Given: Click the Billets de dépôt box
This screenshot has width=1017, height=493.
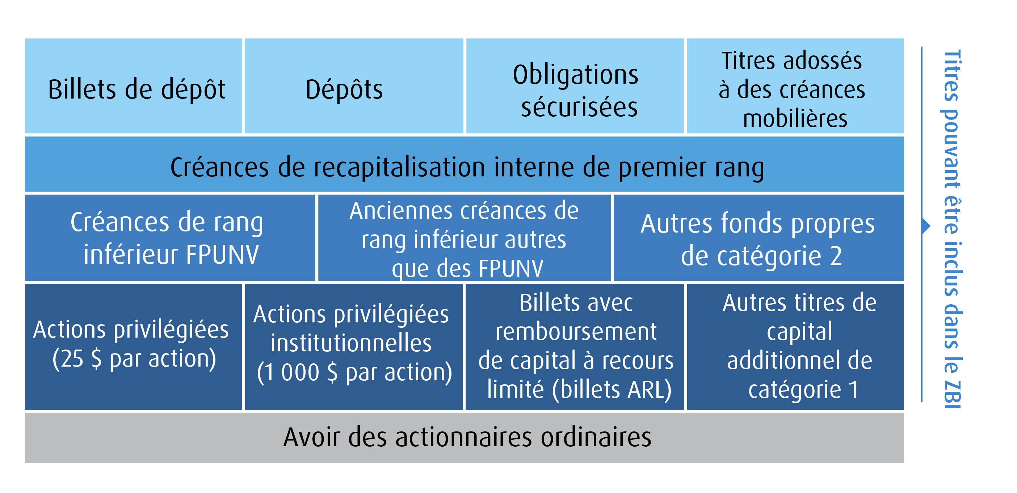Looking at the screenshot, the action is click(x=134, y=86).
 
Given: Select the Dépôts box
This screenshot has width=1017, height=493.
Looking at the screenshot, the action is click(x=354, y=86).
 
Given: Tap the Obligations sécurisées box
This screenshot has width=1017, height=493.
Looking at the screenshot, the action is click(x=575, y=86).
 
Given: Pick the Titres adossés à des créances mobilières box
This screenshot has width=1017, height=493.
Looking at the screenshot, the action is click(x=795, y=86).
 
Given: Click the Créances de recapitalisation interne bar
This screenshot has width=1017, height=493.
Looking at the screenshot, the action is click(x=464, y=164).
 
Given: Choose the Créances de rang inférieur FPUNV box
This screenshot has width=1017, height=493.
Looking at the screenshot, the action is click(x=170, y=238).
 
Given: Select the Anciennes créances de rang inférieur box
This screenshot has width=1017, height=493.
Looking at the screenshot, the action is click(x=464, y=238).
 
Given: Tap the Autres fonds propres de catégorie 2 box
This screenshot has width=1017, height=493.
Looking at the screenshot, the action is click(x=759, y=238).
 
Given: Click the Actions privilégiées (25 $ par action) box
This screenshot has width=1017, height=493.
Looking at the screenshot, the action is click(x=134, y=347).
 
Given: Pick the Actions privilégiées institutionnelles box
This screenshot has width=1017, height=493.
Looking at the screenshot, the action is click(x=354, y=347).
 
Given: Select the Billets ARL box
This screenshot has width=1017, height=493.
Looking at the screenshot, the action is click(x=575, y=347).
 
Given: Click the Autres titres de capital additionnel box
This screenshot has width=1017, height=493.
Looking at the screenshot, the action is click(x=795, y=347).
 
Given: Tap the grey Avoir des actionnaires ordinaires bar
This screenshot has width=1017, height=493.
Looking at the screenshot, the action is click(x=464, y=438).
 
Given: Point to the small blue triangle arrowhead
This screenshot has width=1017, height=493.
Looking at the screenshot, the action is click(x=926, y=226).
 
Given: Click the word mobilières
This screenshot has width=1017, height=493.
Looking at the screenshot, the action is click(x=795, y=118).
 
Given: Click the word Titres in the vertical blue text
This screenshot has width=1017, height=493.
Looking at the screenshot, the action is click(x=952, y=75).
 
